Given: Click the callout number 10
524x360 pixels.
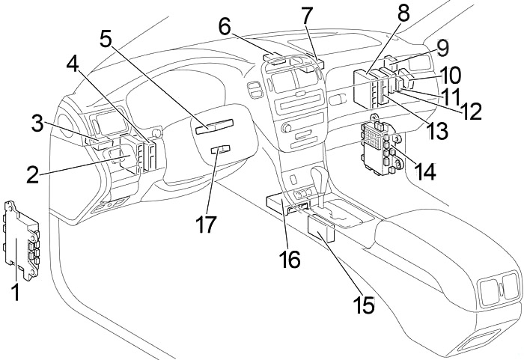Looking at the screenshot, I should click(451, 75).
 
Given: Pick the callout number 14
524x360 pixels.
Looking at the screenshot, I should click(424, 171).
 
